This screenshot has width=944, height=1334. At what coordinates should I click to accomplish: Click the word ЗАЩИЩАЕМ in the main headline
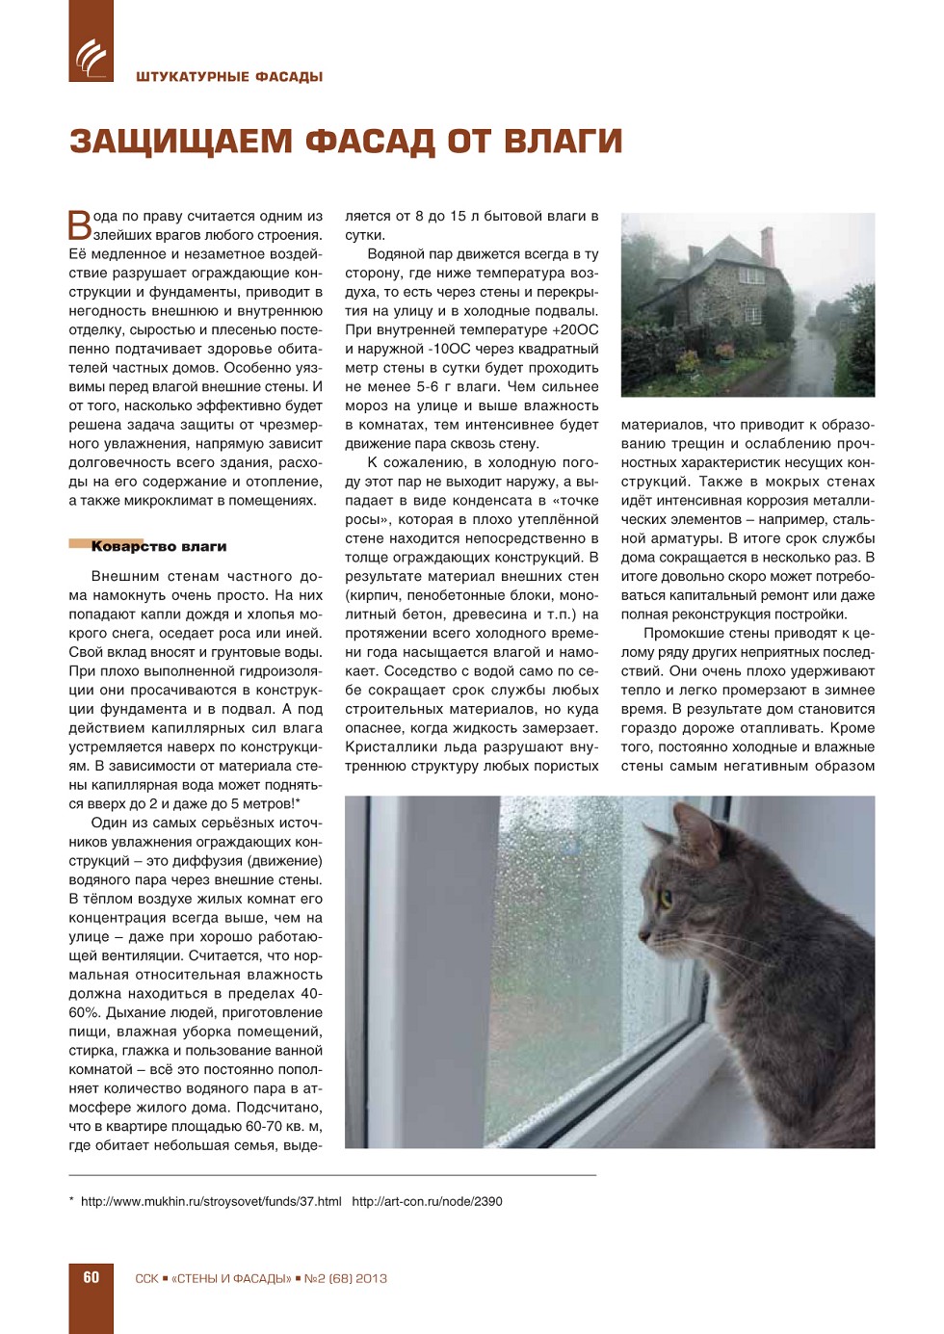pos(180,142)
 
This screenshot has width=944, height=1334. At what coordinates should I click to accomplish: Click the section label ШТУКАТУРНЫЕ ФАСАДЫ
pos(229,77)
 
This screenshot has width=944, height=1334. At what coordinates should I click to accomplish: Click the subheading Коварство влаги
pos(159,546)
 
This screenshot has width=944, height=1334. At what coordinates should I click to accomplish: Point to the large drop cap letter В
pos(79,224)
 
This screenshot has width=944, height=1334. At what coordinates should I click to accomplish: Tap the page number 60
pos(92,1277)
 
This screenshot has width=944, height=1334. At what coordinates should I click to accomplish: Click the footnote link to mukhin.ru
pos(211,1201)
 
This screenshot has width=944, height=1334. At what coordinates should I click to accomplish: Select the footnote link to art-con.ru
pos(427,1201)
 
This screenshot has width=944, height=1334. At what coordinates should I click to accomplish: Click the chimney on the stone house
pos(767,246)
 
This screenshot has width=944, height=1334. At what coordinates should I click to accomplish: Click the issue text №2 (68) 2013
pos(345,1278)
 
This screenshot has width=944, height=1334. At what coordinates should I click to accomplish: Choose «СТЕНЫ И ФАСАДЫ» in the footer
pos(231,1278)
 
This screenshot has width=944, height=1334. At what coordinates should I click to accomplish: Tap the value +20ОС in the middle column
pos(575,329)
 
